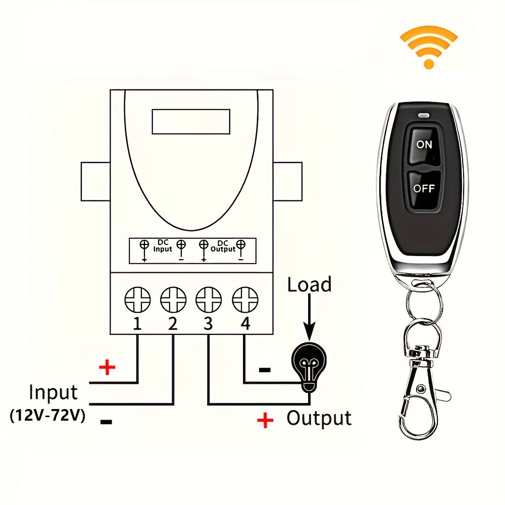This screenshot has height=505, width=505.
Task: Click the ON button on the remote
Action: pyautogui.click(x=424, y=144)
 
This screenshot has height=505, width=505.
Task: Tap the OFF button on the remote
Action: pyautogui.click(x=424, y=189)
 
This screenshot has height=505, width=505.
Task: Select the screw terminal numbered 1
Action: pyautogui.click(x=137, y=300)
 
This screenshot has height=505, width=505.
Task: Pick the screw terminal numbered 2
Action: pyautogui.click(x=173, y=300)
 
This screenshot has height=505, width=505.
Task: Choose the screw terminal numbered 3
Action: pyautogui.click(x=209, y=300)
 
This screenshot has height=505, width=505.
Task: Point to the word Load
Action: pyautogui.click(x=309, y=285)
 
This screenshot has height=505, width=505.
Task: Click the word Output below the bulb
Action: pyautogui.click(x=319, y=418)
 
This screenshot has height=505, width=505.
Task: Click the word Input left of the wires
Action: pyautogui.click(x=53, y=392)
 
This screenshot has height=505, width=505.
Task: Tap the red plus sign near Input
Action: pyautogui.click(x=107, y=367)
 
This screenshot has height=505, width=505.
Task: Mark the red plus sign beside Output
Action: pyautogui.click(x=265, y=420)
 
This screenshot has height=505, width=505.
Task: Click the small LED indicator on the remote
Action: pyautogui.click(x=424, y=116)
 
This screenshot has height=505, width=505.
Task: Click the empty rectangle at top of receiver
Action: pyautogui.click(x=191, y=122)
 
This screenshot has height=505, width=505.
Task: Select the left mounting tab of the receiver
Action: pyautogui.click(x=95, y=181)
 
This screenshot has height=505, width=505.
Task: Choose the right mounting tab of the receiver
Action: pyautogui.click(x=287, y=181)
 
